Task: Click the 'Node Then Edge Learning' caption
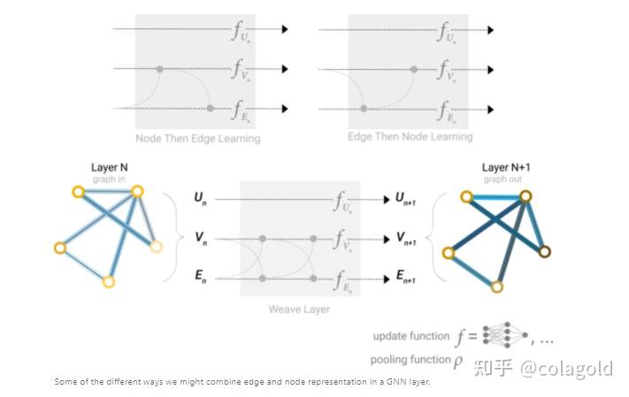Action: coord(197,139)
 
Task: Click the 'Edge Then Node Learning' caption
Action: coord(410,137)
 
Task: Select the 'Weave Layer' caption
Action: coord(300,309)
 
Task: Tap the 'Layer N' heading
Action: coord(110,167)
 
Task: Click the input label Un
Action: coord(200,199)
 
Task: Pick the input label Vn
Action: coord(200,239)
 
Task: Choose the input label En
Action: coord(200,278)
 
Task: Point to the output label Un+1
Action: coord(406,200)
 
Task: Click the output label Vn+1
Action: coord(406,240)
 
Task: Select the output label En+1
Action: coord(406,279)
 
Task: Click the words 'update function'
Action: coord(411,336)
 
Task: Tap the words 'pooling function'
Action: coord(410,360)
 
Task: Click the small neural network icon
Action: coord(507,335)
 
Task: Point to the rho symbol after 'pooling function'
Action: coord(458,361)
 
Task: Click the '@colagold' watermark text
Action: coord(565,368)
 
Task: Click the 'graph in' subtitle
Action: coord(110,179)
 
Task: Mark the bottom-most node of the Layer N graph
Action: coord(108,282)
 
